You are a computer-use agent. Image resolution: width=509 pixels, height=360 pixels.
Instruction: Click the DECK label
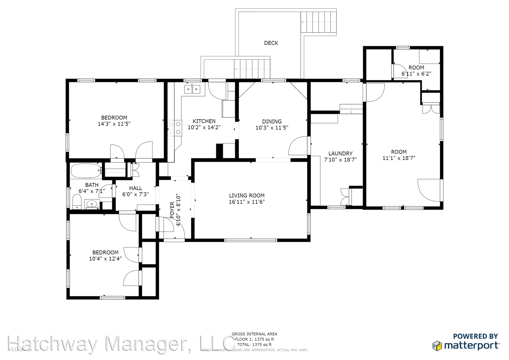pyautogui.click(x=271, y=43)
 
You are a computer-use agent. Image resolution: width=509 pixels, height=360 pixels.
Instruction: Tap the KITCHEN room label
pyautogui.click(x=204, y=121)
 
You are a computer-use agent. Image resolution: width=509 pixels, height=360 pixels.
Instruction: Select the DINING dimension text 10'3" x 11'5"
pyautogui.click(x=272, y=128)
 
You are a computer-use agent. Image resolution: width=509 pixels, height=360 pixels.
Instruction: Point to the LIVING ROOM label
pyautogui.click(x=247, y=196)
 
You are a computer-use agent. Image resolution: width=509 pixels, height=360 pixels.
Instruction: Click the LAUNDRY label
pyautogui.click(x=340, y=154)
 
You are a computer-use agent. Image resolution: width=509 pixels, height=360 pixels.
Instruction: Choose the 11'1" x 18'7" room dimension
pyautogui.click(x=399, y=158)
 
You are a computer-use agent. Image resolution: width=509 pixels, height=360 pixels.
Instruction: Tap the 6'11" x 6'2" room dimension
pyautogui.click(x=416, y=74)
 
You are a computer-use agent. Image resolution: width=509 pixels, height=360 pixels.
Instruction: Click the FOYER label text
pyautogui.click(x=172, y=210)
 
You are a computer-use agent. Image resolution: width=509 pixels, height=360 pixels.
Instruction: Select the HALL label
pyautogui.click(x=135, y=188)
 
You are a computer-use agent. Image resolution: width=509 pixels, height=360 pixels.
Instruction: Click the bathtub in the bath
pyautogui.click(x=86, y=171)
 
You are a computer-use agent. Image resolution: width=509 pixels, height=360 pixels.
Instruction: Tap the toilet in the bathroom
pyautogui.click(x=77, y=202)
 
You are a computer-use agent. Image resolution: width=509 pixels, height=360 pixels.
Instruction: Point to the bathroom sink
pyautogui.click(x=92, y=204)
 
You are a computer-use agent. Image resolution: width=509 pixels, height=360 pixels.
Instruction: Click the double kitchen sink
pyautogui.click(x=192, y=89)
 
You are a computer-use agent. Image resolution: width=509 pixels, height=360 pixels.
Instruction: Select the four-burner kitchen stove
pyautogui.click(x=175, y=128)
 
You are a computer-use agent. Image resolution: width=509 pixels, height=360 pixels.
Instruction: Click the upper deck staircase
pyautogui.click(x=318, y=22)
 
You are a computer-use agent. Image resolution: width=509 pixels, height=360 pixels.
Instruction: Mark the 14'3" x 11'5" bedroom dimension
pyautogui.click(x=114, y=124)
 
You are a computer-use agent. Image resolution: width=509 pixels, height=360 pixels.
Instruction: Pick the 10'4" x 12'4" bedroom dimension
pyautogui.click(x=105, y=259)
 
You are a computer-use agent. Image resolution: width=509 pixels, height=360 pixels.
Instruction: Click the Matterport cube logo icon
pyautogui.click(x=437, y=346)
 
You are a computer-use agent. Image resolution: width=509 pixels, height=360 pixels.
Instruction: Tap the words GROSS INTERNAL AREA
pyautogui.click(x=254, y=334)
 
